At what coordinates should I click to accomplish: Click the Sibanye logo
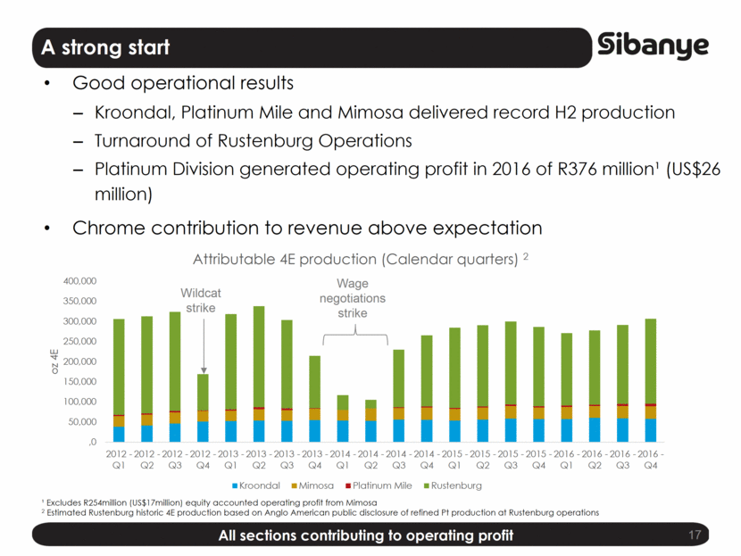(x=654, y=46)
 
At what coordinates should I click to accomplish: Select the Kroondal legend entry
(x=265, y=485)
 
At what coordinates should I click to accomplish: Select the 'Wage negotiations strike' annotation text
(x=353, y=298)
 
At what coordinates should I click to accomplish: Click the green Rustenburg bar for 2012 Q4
(x=203, y=391)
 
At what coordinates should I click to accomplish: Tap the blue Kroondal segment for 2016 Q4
(x=651, y=430)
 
